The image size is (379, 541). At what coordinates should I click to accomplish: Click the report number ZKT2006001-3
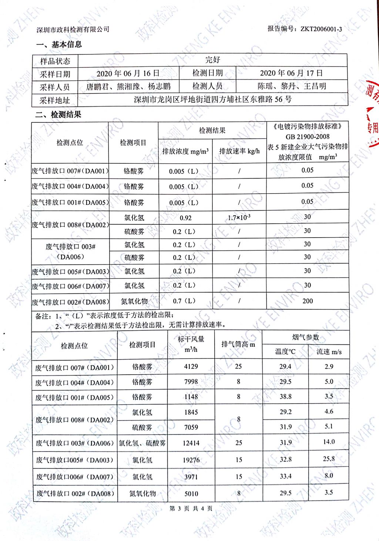(321, 29)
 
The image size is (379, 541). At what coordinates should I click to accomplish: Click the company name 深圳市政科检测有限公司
(73, 30)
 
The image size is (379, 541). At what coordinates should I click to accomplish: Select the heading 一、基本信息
(59, 45)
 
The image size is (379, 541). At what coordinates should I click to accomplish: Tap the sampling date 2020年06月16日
(128, 73)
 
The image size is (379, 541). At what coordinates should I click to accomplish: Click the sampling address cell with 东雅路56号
(212, 99)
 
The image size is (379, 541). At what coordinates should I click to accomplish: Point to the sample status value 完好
(212, 60)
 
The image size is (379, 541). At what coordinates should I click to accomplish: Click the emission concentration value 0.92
(185, 218)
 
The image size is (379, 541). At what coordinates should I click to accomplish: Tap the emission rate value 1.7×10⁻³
(239, 218)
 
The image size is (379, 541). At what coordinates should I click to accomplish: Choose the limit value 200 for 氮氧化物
(307, 301)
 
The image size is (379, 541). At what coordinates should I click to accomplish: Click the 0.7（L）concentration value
(184, 301)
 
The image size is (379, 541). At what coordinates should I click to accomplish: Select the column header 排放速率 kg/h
(239, 151)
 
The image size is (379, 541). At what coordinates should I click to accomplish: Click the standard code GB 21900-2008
(307, 136)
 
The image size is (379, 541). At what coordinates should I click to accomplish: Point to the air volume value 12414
(191, 443)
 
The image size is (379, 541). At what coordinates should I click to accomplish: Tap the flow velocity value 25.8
(329, 459)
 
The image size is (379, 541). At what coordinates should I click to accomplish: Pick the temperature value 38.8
(285, 397)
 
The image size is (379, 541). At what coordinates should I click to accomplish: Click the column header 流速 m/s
(329, 352)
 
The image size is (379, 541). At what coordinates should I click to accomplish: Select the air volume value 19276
(191, 460)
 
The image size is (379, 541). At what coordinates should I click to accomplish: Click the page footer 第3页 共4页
(191, 508)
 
